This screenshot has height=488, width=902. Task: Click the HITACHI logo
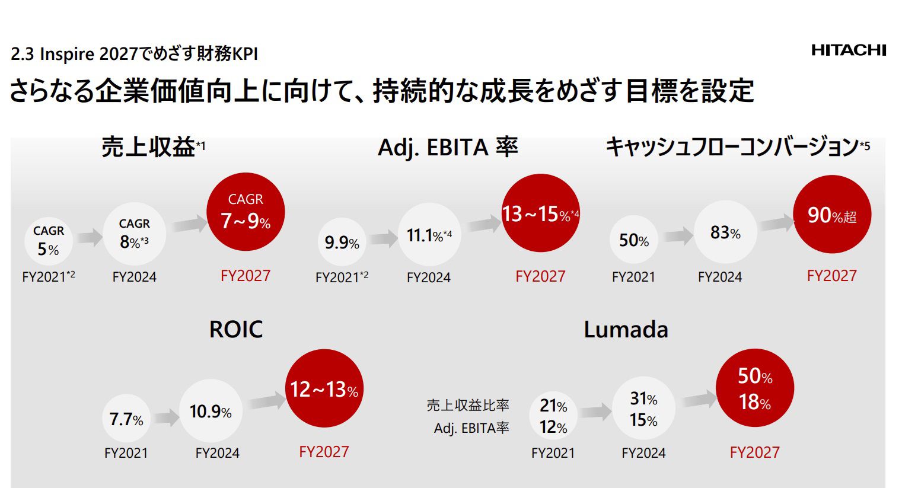(x=849, y=50)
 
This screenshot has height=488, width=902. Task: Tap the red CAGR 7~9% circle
(x=246, y=212)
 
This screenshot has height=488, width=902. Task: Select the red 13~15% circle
(x=540, y=213)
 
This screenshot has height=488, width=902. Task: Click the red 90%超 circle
(x=831, y=214)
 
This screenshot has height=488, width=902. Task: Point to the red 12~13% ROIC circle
(x=324, y=388)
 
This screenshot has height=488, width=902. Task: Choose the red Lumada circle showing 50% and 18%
(x=754, y=388)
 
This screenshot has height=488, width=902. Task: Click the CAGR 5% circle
(x=49, y=241)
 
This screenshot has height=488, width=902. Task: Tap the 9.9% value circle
(x=342, y=242)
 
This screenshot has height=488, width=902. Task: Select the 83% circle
(x=725, y=232)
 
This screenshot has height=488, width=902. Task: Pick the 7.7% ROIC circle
(x=126, y=419)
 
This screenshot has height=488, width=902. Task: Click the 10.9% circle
(x=211, y=411)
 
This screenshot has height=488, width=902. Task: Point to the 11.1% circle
(x=429, y=235)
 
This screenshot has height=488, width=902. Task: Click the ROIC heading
(x=235, y=329)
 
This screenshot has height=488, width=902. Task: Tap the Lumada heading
(x=626, y=329)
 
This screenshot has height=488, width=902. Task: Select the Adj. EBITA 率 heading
(x=448, y=147)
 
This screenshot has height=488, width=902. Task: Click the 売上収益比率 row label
(x=467, y=405)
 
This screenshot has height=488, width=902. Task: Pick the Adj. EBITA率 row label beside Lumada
(x=471, y=428)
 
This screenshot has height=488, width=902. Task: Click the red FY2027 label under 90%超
(x=831, y=276)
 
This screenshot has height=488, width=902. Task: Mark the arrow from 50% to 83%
(x=678, y=235)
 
